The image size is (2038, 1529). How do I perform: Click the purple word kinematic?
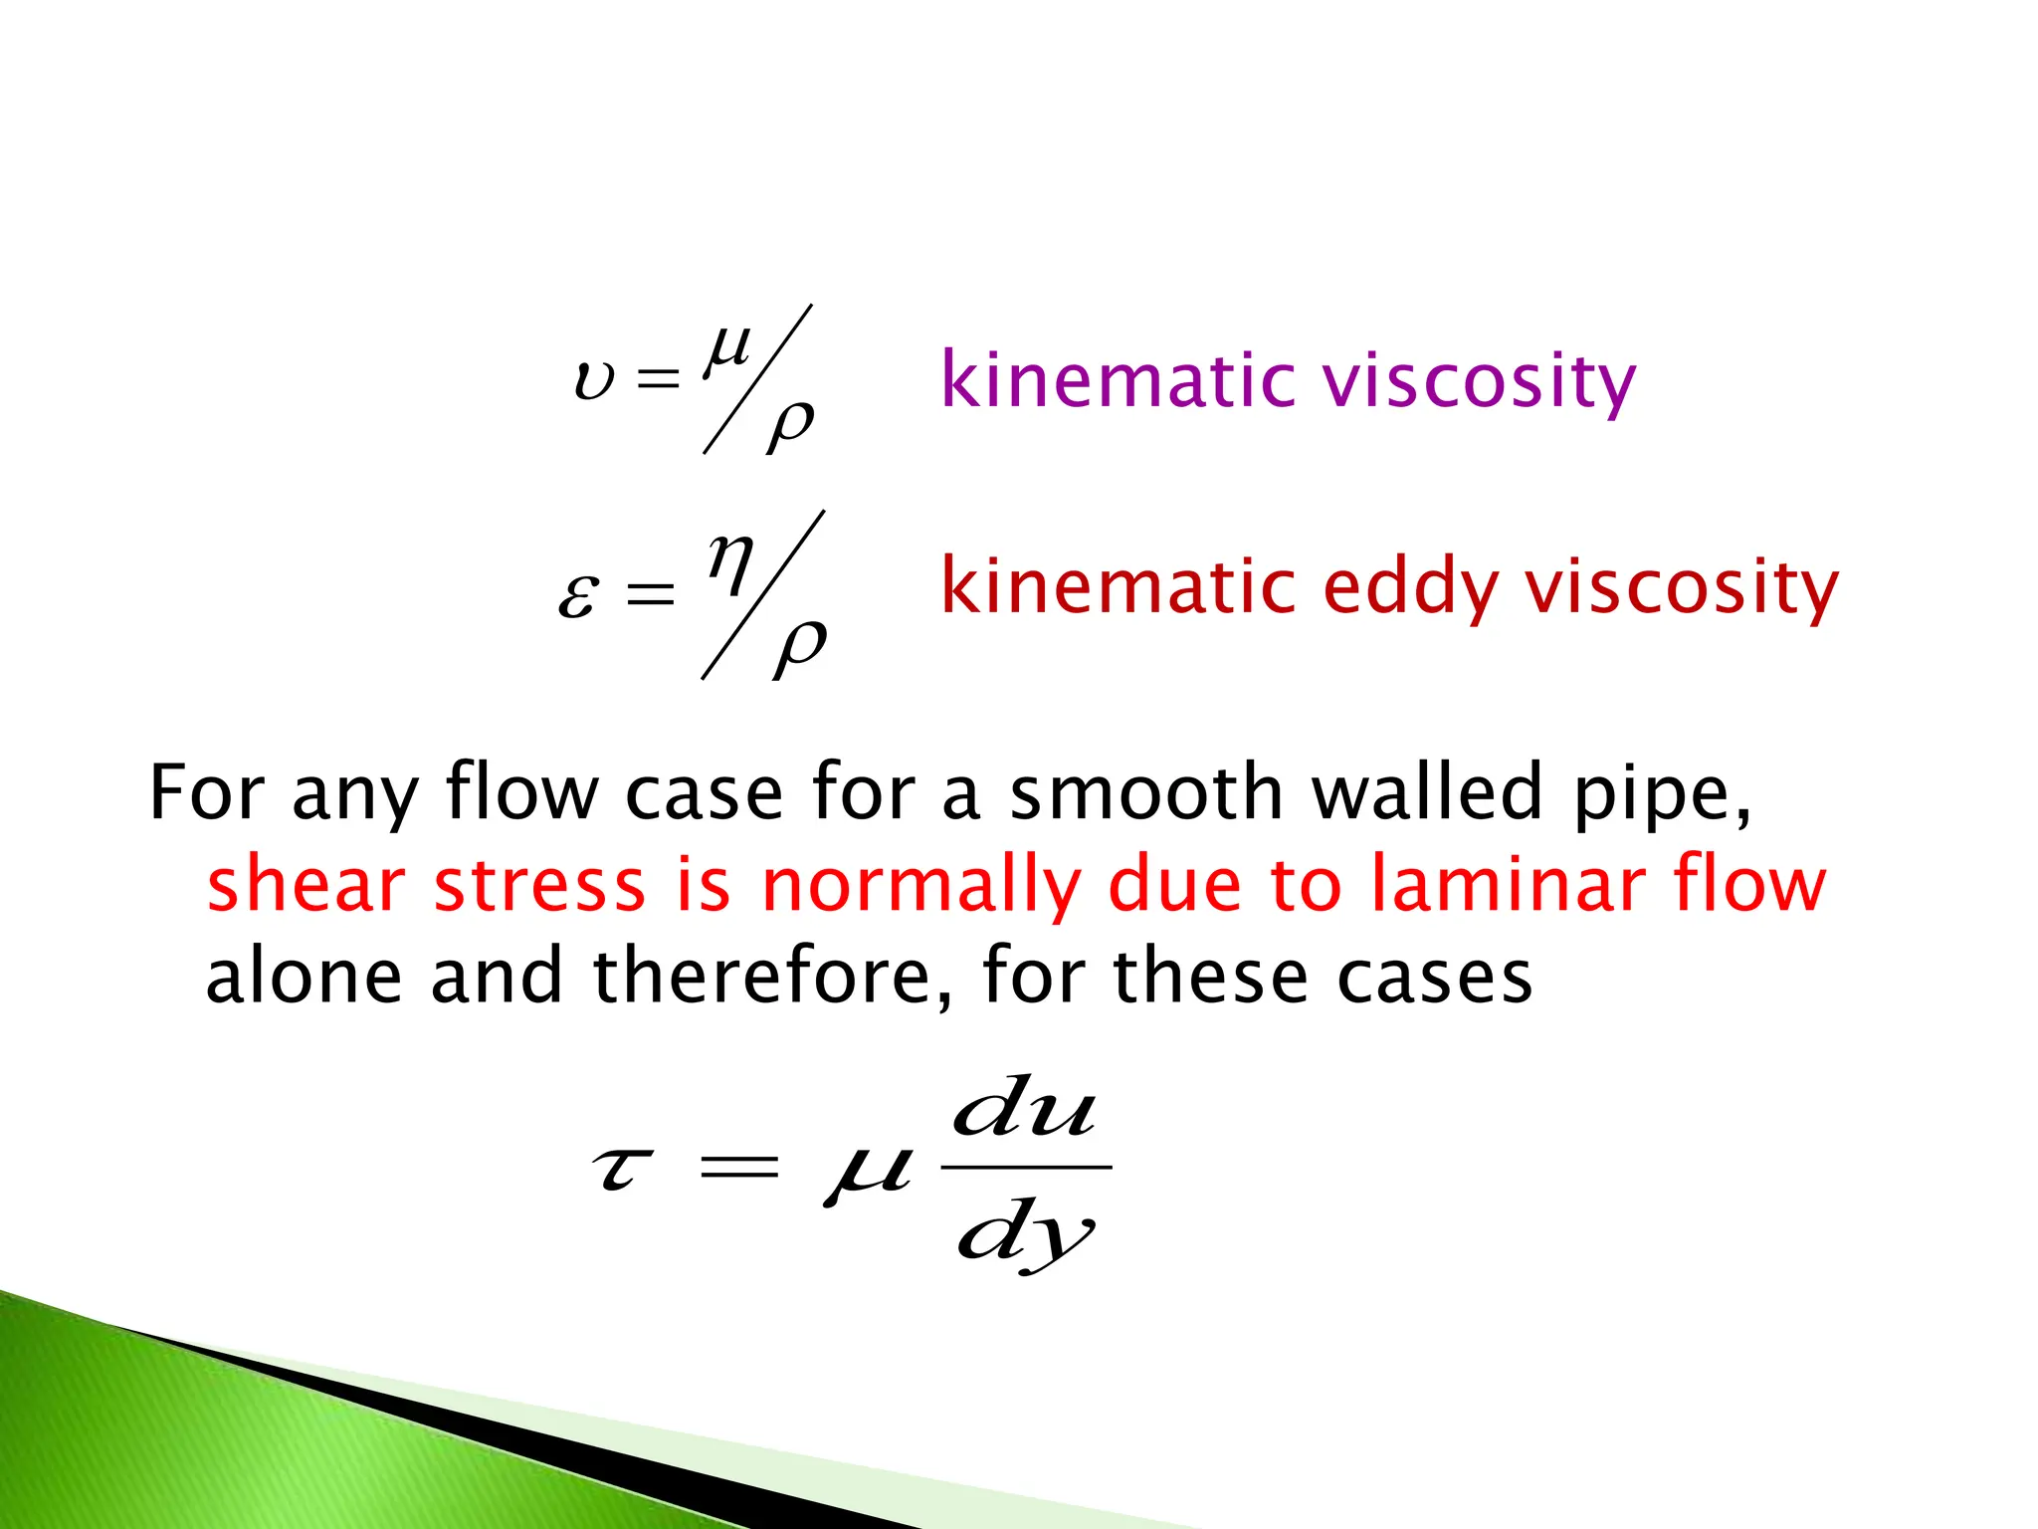pos(1117,380)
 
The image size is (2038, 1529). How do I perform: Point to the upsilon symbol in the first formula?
pos(594,380)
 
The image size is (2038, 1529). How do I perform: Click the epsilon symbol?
pos(578,595)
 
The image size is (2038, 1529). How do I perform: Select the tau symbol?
pos(623,1169)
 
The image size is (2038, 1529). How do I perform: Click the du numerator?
pos(1025,1109)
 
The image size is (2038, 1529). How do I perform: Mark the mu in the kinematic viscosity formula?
pos(728,350)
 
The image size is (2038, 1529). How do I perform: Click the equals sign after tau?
pos(738,1167)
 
